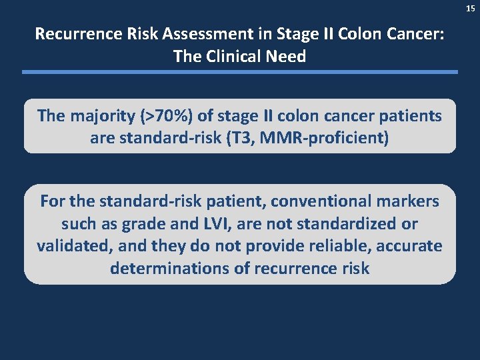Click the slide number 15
[471, 8]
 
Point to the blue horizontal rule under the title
[240, 72]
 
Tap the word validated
[73, 246]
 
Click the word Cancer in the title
[412, 33]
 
